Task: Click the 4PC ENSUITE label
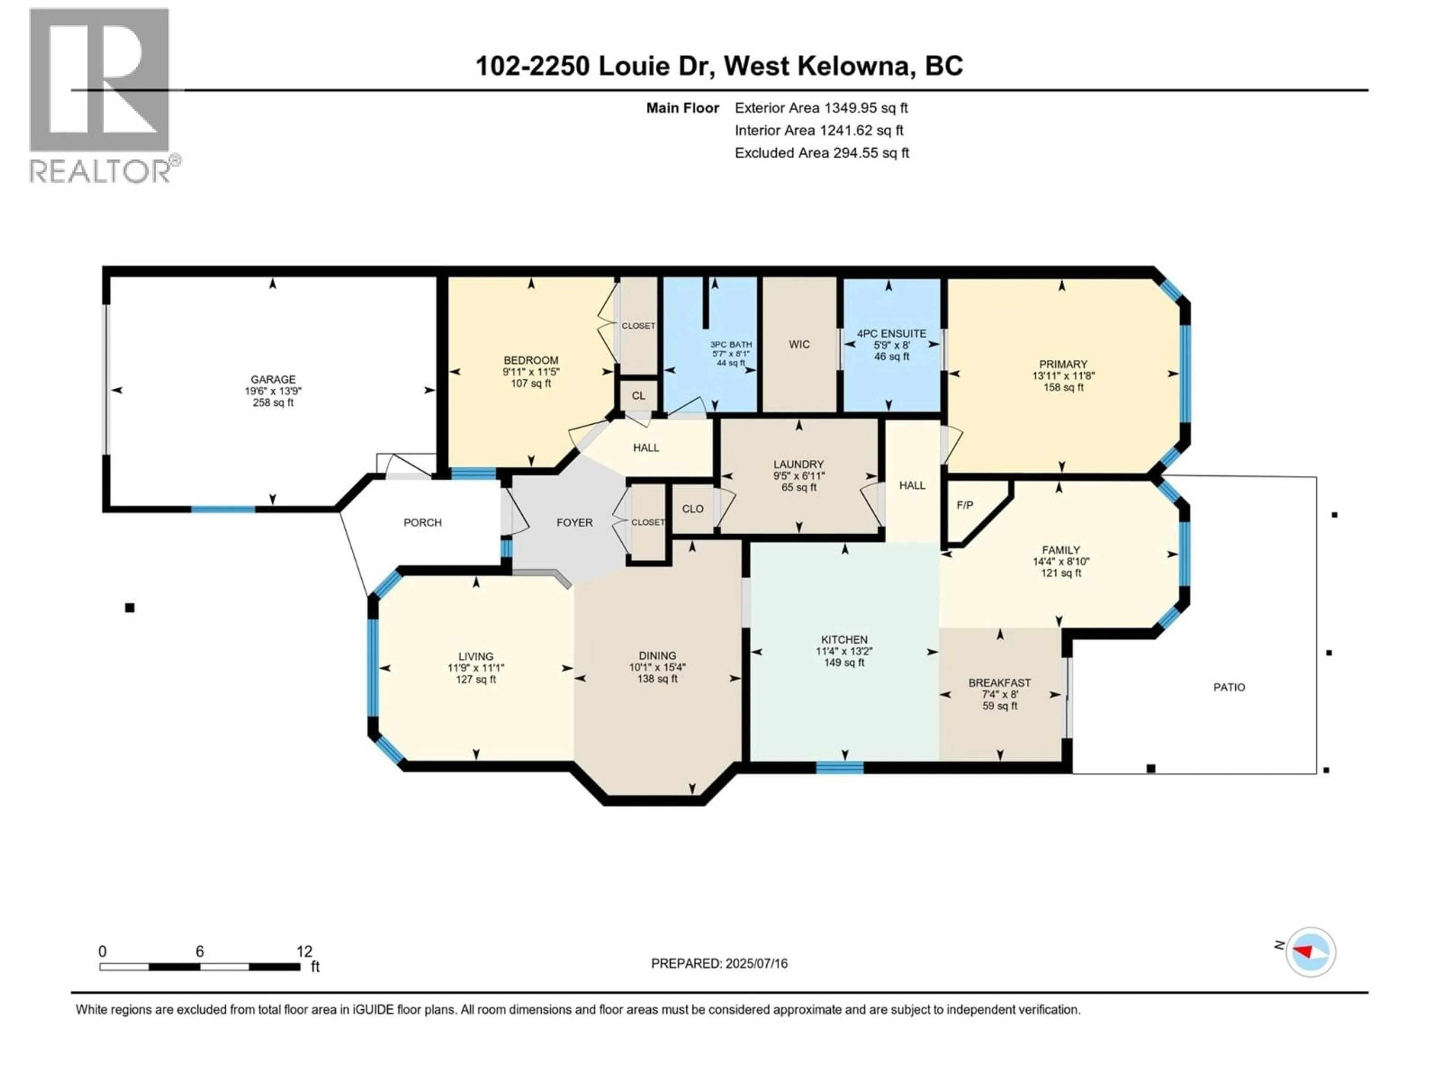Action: (891, 333)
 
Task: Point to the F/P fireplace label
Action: (965, 505)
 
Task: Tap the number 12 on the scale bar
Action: (304, 952)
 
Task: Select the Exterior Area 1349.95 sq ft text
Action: (821, 108)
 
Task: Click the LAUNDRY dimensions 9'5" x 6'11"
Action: (799, 476)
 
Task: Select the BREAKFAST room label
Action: (999, 683)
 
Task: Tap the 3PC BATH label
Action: (730, 344)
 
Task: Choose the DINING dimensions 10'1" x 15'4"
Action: (657, 667)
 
